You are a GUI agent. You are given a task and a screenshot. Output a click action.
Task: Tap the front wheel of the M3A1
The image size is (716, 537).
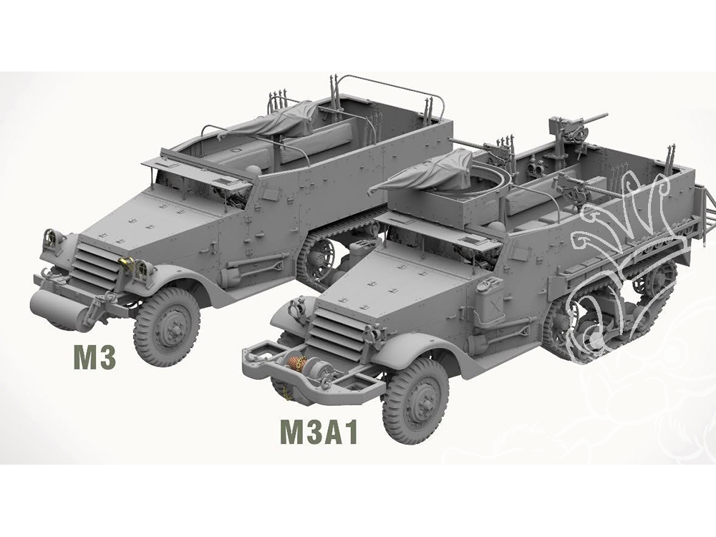(415, 402)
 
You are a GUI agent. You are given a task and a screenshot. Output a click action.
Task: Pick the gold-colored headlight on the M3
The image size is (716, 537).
(126, 263)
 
